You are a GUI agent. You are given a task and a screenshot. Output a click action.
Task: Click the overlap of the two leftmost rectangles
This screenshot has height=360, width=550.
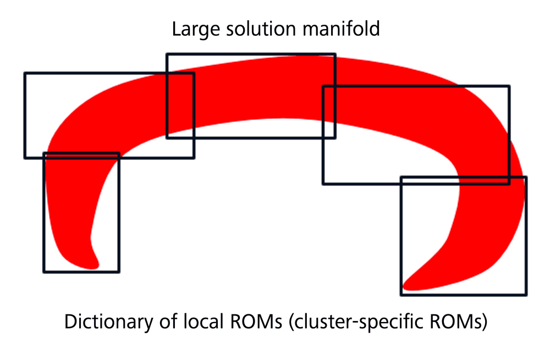(x=81, y=156)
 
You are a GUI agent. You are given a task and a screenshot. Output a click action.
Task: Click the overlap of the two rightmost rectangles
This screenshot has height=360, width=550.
(x=455, y=180)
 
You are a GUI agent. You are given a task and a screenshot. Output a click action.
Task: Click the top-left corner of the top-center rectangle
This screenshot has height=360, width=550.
(x=167, y=54)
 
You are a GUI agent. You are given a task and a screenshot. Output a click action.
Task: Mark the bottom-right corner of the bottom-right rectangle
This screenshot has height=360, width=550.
(x=526, y=295)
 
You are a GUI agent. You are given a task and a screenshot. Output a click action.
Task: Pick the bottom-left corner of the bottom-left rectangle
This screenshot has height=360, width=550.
(x=44, y=272)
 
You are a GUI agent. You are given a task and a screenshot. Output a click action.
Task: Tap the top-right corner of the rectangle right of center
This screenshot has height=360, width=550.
(x=509, y=86)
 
